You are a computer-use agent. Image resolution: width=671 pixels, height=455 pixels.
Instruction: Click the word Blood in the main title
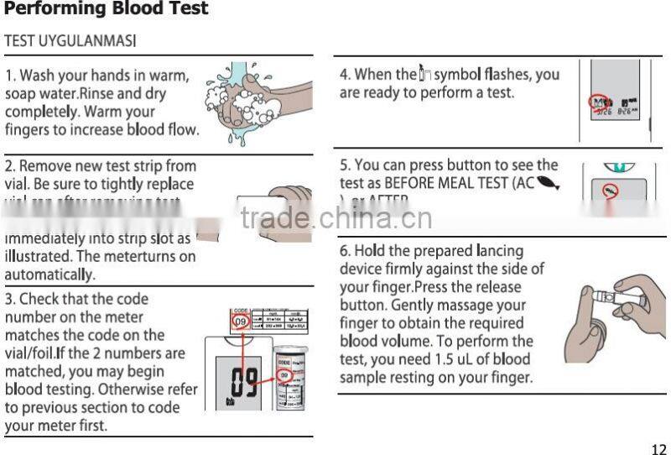(136, 9)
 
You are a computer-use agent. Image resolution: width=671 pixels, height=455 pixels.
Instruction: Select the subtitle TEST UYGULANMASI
(70, 40)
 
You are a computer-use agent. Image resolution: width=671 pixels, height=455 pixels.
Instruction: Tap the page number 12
(658, 447)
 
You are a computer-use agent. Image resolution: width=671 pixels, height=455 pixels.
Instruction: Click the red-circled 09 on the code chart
(240, 321)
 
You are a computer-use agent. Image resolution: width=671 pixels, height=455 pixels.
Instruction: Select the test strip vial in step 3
(290, 378)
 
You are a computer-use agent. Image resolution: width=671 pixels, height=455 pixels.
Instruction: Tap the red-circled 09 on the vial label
(285, 375)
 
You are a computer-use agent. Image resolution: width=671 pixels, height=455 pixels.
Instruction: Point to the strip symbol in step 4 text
(425, 75)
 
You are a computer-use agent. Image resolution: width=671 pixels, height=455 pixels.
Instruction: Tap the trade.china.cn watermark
(335, 218)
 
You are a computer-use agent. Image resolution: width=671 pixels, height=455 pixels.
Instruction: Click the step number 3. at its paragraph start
(10, 299)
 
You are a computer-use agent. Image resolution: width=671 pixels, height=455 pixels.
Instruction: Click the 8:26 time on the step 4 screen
(627, 110)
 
